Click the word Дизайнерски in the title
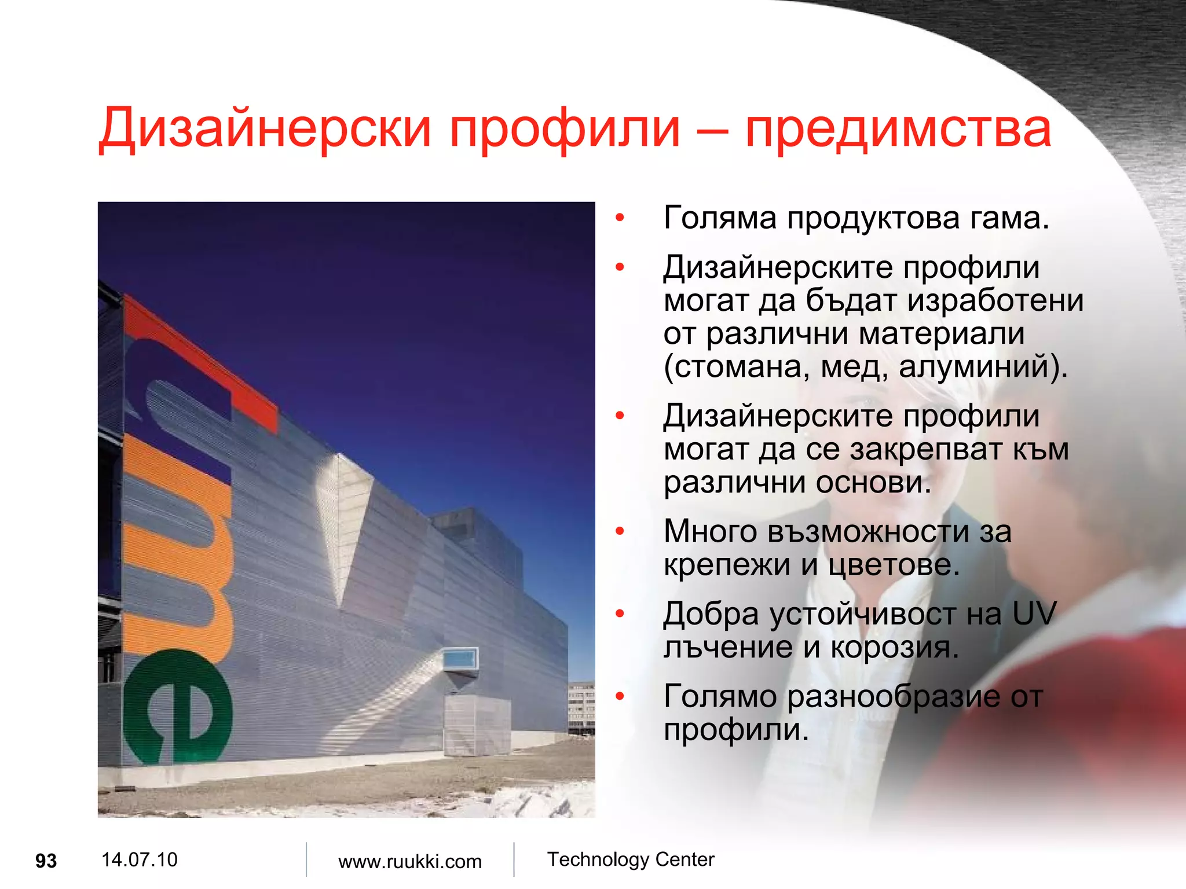(265, 128)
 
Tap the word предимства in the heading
(898, 128)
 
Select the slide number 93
(46, 861)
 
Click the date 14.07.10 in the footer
(139, 859)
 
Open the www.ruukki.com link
(409, 861)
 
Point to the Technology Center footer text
(631, 859)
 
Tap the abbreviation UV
(1034, 614)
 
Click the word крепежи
(727, 565)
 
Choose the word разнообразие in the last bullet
(893, 696)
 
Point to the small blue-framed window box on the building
(460, 659)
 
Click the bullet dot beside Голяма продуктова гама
(620, 219)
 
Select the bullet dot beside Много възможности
(620, 531)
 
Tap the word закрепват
(927, 450)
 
